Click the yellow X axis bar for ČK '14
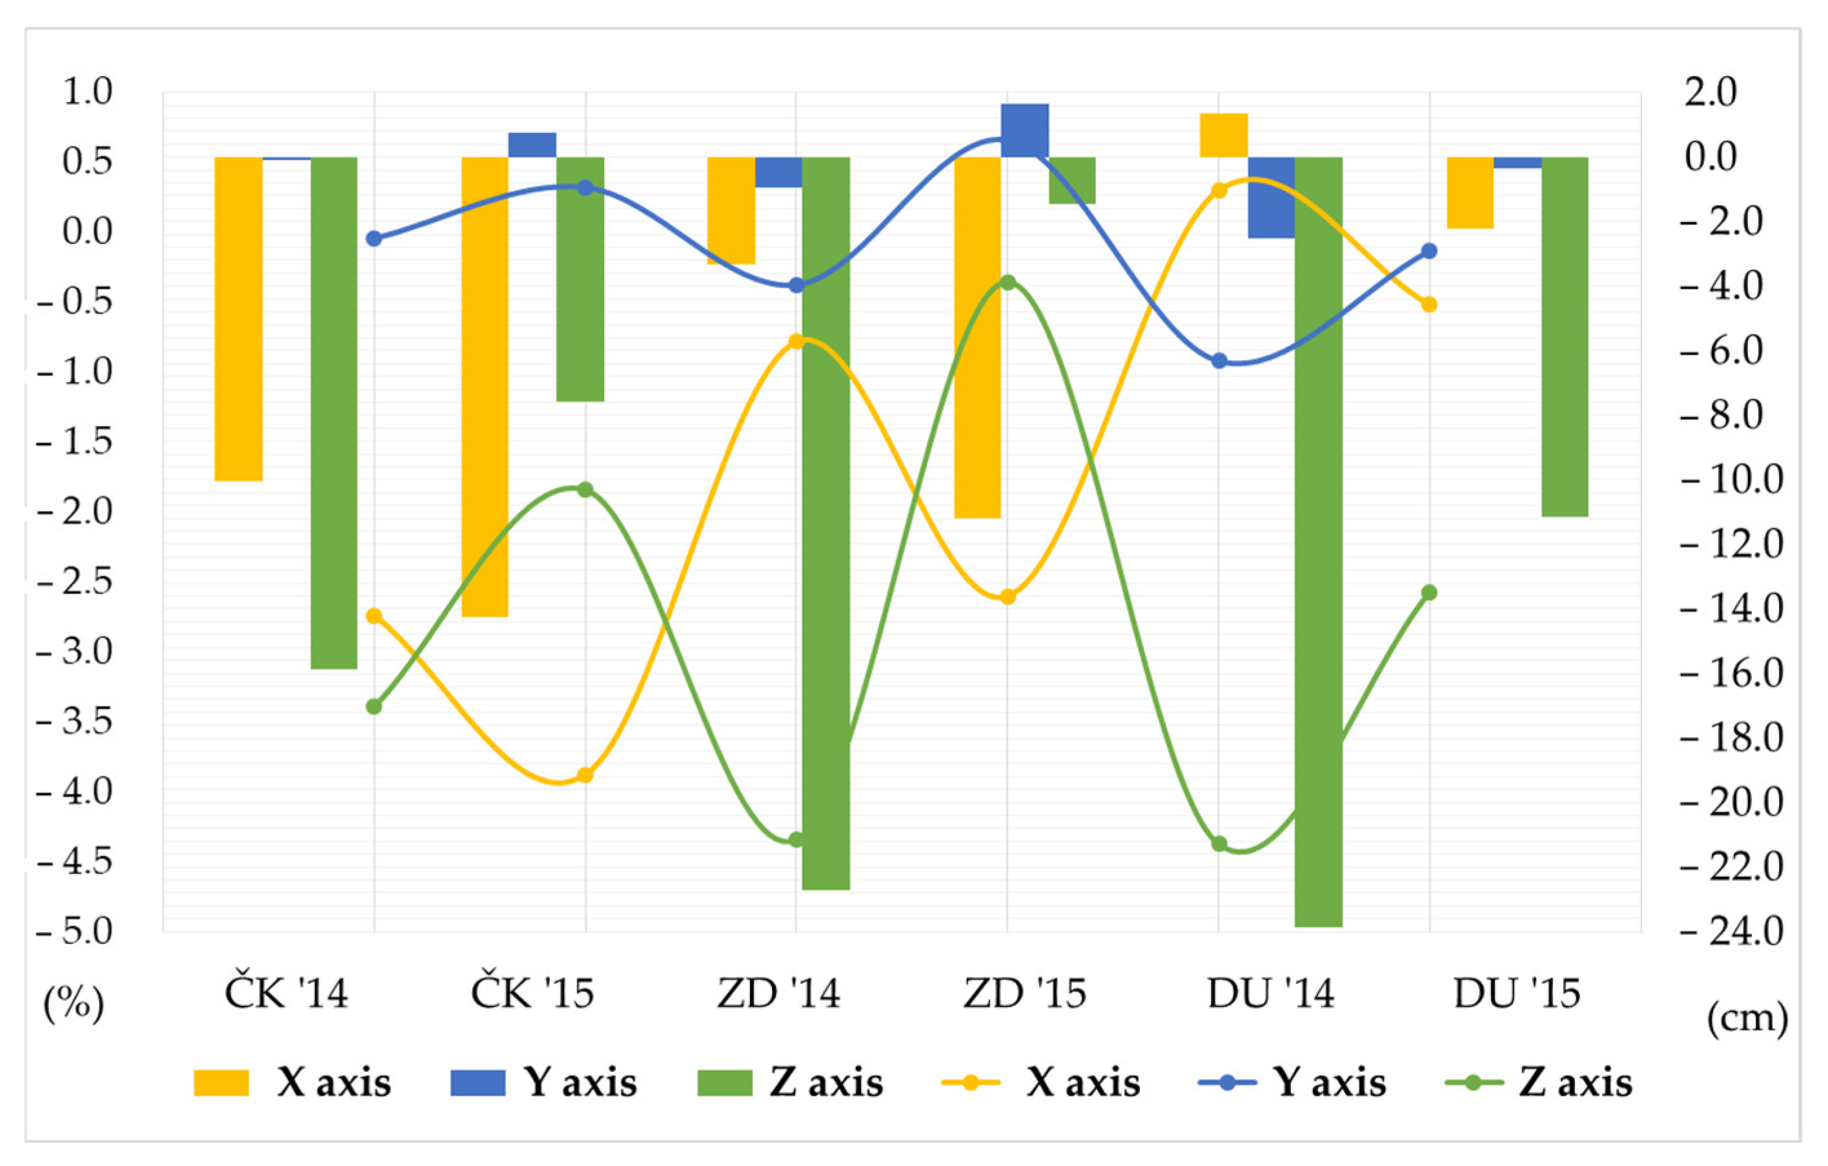click(238, 319)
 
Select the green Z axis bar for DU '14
click(1319, 542)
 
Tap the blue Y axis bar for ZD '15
click(1025, 130)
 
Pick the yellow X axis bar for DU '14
click(1224, 135)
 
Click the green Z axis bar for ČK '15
click(580, 279)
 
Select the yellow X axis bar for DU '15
click(1470, 193)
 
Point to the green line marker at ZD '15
click(1008, 283)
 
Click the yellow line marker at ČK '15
click(585, 775)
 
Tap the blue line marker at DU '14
click(1219, 361)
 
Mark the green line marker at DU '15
click(1428, 593)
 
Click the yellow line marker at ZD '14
click(797, 341)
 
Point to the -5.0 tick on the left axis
click(74, 931)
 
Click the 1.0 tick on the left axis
click(87, 92)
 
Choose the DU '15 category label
click(1517, 994)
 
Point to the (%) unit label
click(74, 1003)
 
